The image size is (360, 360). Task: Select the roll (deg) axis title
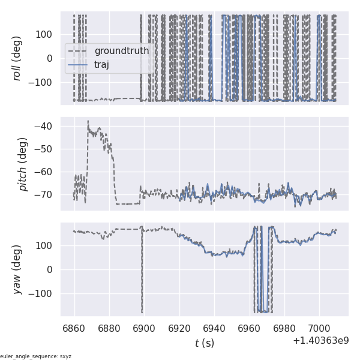click(25, 58)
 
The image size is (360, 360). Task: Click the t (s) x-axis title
click(204, 343)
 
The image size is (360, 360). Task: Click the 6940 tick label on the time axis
click(214, 328)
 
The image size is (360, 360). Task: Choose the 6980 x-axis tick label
click(284, 328)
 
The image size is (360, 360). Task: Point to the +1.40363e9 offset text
click(321, 341)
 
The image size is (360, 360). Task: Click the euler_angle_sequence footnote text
click(36, 356)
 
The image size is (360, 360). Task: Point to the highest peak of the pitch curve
click(88, 121)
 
